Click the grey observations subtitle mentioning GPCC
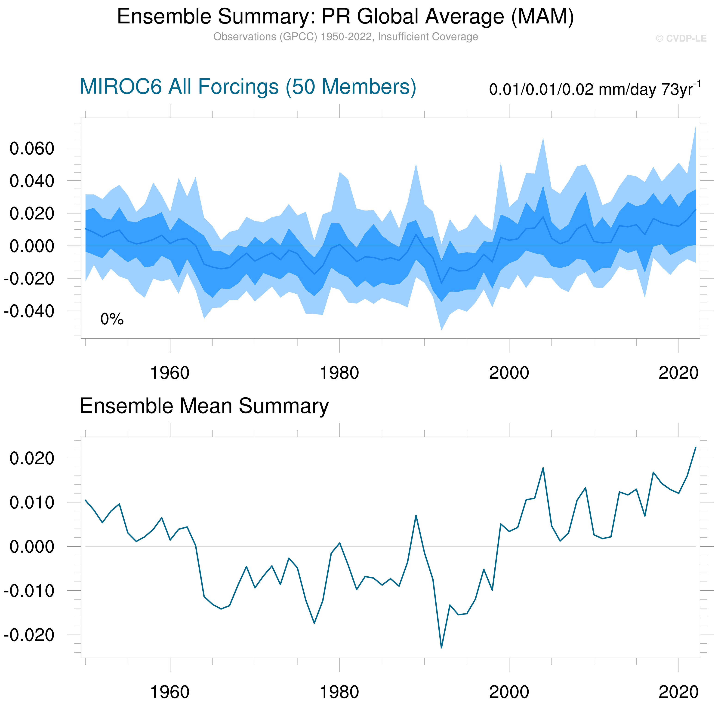pos(345,37)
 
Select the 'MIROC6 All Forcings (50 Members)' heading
pos(248,87)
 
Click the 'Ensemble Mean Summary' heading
pos(204,406)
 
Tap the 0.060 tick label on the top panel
pos(32,149)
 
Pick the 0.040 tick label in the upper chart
pos(32,181)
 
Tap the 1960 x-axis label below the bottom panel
pos(169,692)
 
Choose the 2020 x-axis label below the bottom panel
pos(678,692)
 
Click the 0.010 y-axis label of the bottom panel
pos(32,503)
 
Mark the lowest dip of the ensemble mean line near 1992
pos(441,648)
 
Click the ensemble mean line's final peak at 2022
pos(695,447)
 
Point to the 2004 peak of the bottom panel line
pos(543,468)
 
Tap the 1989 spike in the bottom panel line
pos(416,515)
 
